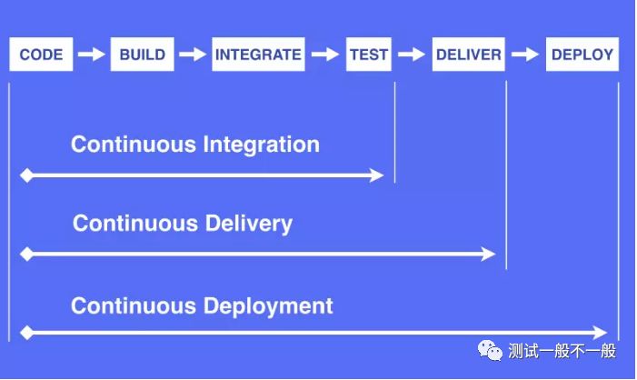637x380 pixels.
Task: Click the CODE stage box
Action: point(41,55)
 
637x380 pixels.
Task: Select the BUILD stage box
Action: point(142,55)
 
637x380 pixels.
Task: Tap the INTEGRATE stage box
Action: point(258,55)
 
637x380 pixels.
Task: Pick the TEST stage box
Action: point(369,55)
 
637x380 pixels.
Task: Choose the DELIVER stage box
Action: point(468,55)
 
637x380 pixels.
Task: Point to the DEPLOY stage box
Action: point(582,55)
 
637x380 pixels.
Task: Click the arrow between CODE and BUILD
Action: point(91,55)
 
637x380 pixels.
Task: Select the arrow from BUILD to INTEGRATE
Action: point(192,55)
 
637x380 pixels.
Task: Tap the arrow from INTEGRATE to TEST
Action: point(324,55)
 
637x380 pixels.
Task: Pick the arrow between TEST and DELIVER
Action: point(412,55)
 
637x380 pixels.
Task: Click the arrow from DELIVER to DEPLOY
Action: point(524,55)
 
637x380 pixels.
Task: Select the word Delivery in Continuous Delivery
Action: point(248,224)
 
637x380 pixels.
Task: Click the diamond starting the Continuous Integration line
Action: point(26,175)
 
